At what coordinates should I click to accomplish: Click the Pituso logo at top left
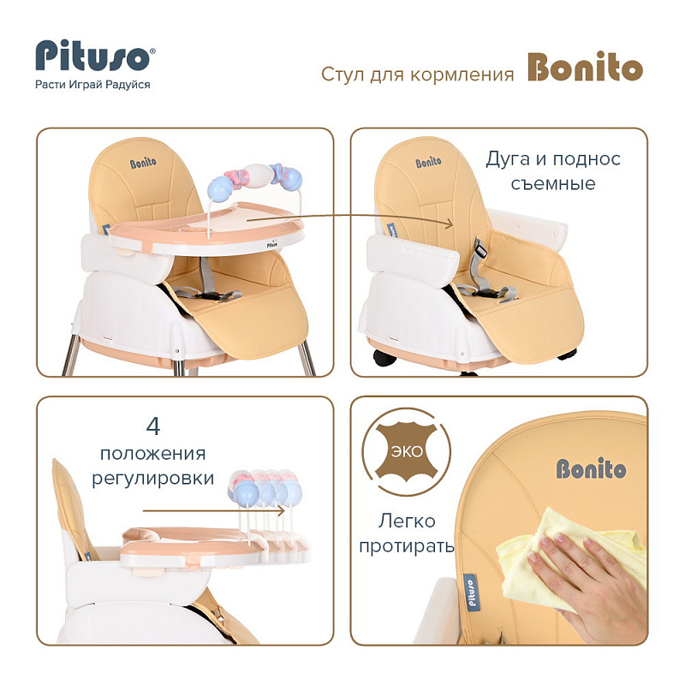95,56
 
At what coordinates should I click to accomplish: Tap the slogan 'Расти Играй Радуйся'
92,85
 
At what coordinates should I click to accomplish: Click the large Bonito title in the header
586,67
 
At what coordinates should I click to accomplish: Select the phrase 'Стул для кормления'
417,74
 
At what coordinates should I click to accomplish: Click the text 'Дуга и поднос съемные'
553,170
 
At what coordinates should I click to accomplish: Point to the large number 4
153,426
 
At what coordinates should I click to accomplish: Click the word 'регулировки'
153,478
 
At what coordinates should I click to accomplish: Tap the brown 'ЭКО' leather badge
406,452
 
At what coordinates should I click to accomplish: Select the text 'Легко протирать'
406,533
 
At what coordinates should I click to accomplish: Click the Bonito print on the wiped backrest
591,468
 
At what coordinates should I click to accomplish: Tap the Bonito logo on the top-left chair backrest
143,164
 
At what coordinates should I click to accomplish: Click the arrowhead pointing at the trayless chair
450,223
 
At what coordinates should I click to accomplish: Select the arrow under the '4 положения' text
213,510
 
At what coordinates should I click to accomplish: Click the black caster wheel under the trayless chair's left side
384,359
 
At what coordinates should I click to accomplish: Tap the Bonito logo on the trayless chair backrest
429,163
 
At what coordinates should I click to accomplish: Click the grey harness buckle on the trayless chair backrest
480,249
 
